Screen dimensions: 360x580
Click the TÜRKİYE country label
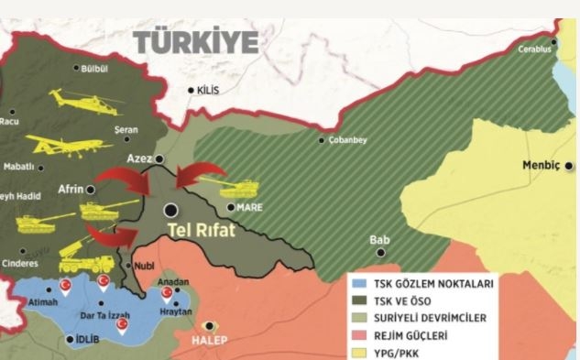(196, 42)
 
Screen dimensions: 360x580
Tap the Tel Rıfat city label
(202, 231)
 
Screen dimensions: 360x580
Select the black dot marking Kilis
(191, 91)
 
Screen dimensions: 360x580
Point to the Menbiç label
(540, 166)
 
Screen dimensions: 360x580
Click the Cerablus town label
(535, 49)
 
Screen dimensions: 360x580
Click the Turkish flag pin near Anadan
(167, 293)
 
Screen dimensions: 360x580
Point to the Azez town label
(138, 158)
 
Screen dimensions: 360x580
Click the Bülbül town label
(95, 69)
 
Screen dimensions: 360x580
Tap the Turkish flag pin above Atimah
(65, 287)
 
